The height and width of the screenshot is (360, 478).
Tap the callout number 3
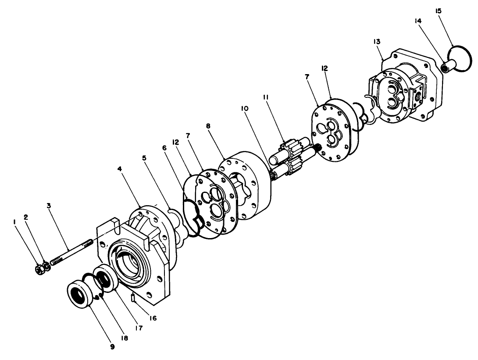coord(49,205)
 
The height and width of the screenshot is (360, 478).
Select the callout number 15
coord(438,11)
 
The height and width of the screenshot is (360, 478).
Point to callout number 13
coord(377,41)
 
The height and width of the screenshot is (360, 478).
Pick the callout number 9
coord(112,346)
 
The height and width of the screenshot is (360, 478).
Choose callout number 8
coord(208,126)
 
